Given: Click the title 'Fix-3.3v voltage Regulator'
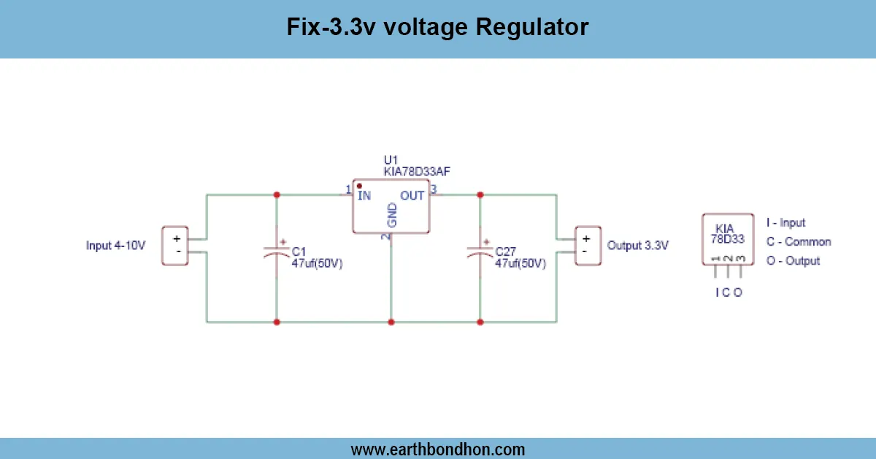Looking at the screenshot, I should (x=437, y=28).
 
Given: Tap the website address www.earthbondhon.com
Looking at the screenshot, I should (x=437, y=449).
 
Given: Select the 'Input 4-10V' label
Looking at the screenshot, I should (x=116, y=246).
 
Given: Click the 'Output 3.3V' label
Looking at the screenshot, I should (x=637, y=246).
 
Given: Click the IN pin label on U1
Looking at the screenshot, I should (x=364, y=195).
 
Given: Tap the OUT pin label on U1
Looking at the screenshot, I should (x=412, y=195).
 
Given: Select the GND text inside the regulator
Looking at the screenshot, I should (x=392, y=216).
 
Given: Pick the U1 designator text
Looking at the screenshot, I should (x=391, y=160).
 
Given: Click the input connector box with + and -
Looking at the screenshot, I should (x=174, y=245).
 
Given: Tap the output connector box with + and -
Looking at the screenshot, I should (x=585, y=245).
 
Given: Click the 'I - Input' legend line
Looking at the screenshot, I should (x=785, y=222).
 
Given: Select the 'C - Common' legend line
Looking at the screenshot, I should (x=798, y=242).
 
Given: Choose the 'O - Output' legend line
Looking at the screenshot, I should (x=793, y=261).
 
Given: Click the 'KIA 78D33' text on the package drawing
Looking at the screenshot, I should (x=728, y=233).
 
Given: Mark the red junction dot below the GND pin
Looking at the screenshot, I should (x=391, y=322).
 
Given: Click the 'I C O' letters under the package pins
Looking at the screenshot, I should (x=728, y=292).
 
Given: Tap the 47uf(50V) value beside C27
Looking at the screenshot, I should (x=520, y=263).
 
